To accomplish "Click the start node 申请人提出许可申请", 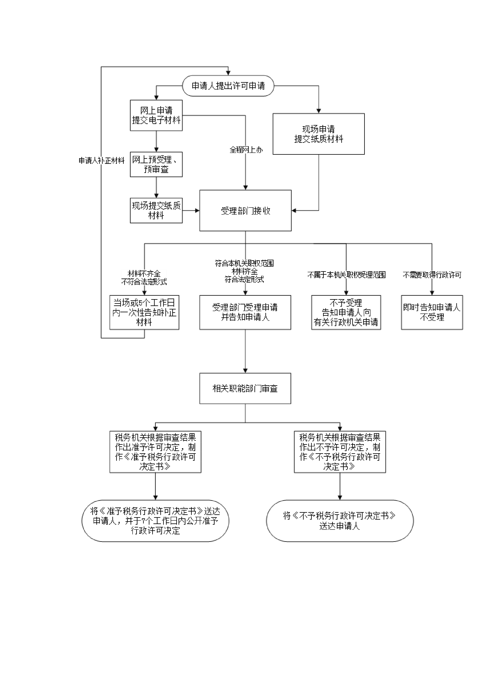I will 228,86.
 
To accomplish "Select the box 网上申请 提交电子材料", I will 156,115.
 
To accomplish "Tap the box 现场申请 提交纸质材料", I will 318,134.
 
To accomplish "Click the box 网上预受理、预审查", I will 156,164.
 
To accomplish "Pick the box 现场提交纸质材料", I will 156,210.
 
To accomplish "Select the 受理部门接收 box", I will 245,211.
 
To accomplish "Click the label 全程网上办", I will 246,150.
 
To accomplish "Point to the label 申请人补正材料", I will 101,160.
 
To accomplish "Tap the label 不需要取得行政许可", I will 432,275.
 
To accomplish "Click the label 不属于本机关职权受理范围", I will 346,275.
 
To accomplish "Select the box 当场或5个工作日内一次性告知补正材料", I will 144,312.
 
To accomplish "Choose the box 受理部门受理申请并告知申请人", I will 245,312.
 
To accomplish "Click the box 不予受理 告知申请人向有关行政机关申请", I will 346,312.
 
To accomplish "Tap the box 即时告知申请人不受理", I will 432,312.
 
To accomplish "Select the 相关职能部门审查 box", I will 245,388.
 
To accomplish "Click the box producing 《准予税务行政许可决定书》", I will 155,452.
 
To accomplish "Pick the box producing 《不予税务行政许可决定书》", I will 340,452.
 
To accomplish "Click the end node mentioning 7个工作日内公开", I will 155,521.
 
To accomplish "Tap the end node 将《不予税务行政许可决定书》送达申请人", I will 340,521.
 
